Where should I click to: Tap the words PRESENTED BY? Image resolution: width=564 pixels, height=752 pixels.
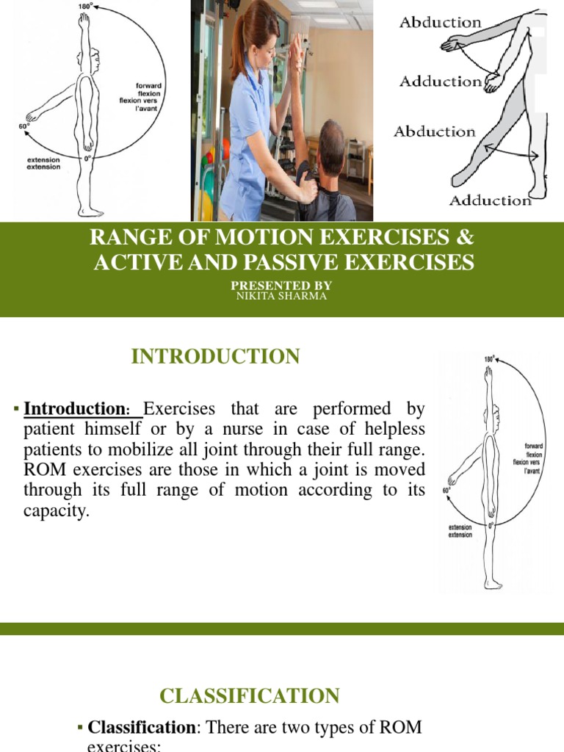point(282,285)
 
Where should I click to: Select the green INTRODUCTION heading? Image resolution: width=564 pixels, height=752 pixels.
point(215,357)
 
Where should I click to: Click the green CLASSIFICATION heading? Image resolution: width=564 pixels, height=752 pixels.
point(250,695)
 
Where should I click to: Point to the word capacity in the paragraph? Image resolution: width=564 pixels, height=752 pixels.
point(56,510)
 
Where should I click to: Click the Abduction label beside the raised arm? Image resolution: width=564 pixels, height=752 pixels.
point(440,22)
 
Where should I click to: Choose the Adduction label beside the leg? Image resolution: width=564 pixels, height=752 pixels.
point(491,200)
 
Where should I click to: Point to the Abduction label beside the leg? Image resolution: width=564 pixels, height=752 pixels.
point(434,132)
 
